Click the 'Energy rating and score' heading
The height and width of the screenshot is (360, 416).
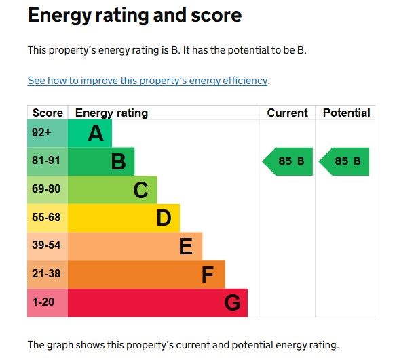pos(134,16)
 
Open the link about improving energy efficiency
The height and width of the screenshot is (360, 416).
pos(147,81)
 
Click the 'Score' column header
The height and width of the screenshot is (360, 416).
pos(48,113)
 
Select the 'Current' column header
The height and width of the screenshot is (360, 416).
pos(287,113)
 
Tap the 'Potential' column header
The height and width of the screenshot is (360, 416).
pos(346,113)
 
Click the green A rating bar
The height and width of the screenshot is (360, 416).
pos(90,134)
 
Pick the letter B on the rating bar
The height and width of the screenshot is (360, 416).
pos(118,162)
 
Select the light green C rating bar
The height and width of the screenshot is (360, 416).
pos(113,190)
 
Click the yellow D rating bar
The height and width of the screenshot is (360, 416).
pos(124,218)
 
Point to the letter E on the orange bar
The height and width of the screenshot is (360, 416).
pos(185,247)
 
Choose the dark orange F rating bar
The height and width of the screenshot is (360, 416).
pos(146,275)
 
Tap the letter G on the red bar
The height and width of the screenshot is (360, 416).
pos(232,303)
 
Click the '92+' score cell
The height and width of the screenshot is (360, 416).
pos(42,133)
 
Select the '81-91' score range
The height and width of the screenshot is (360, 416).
pos(46,161)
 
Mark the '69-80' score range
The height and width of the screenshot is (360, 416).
pos(46,190)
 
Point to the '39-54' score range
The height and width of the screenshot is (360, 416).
pos(46,246)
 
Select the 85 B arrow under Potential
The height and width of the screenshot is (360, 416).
pos(345,161)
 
